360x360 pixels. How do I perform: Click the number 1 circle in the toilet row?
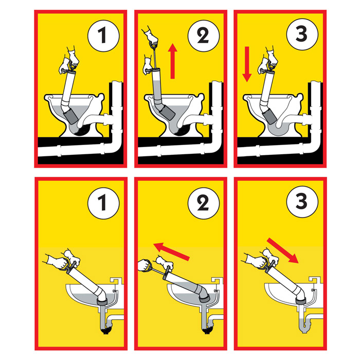tap(103, 36)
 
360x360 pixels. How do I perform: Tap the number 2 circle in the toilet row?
tap(204, 36)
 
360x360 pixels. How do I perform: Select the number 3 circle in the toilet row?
tap(302, 34)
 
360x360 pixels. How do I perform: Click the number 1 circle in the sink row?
tap(103, 203)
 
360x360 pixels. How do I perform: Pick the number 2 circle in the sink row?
tap(204, 203)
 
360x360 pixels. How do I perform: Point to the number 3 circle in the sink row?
tap(302, 202)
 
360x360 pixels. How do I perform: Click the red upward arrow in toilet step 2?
tap(173, 61)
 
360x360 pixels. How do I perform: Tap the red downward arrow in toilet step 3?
tap(247, 64)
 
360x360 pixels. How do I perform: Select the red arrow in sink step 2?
tap(171, 251)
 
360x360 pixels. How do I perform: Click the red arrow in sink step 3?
tap(283, 250)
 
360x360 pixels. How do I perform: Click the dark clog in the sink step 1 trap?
tap(106, 330)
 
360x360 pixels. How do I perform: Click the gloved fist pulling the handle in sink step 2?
tap(145, 265)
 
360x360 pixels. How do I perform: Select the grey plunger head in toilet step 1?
tap(71, 117)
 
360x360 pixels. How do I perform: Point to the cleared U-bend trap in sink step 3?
tap(305, 321)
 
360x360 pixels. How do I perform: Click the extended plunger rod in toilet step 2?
tap(154, 57)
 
